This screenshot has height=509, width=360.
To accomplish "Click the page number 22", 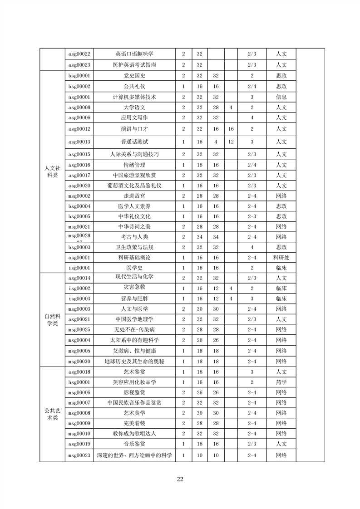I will pos(180,479).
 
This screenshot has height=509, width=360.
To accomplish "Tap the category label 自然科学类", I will pos(52,319).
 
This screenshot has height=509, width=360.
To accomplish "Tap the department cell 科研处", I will pos(281,257).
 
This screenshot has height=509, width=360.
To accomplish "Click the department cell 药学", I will pos(281,382).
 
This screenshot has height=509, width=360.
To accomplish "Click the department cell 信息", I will pos(281,97).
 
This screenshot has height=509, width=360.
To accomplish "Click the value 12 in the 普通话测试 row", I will pos(231,142).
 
